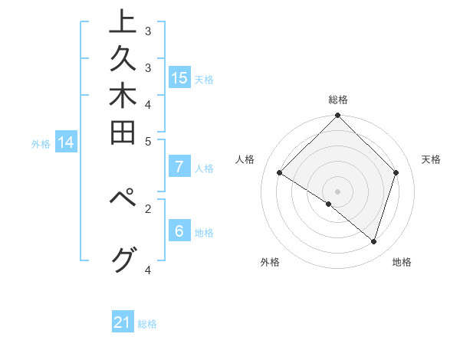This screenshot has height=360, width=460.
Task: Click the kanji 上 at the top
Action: pyautogui.click(x=122, y=22)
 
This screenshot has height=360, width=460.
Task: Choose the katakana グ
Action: pyautogui.click(x=122, y=261)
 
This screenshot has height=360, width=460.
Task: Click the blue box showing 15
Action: pyautogui.click(x=179, y=77)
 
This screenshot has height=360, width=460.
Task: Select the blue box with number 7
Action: pyautogui.click(x=179, y=166)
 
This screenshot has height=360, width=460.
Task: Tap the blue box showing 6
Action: pyautogui.click(x=179, y=231)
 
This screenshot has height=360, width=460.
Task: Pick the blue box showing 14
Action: pyautogui.click(x=66, y=142)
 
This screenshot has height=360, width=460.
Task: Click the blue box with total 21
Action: pyautogui.click(x=123, y=322)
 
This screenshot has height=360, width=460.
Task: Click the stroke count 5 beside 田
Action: pyautogui.click(x=148, y=141)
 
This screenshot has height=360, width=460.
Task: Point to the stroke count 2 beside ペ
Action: pyautogui.click(x=148, y=207)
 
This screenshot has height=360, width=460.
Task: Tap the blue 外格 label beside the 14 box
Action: pyautogui.click(x=41, y=143)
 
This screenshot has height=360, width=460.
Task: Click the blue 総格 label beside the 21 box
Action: pyautogui.click(x=147, y=324)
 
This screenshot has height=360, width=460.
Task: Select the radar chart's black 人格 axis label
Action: pyautogui.click(x=245, y=159)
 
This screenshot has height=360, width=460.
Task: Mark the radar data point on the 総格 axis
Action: pyautogui.click(x=337, y=116)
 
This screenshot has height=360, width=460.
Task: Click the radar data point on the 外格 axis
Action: pyautogui.click(x=329, y=204)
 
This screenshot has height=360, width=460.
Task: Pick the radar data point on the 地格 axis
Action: pyautogui.click(x=373, y=241)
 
